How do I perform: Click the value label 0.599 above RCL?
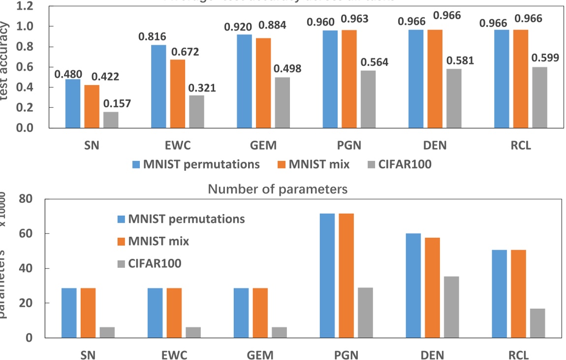click(x=545, y=58)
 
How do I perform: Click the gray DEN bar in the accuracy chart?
click(x=453, y=98)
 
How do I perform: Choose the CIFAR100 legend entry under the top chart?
click(x=399, y=164)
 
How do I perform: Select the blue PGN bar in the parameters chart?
click(x=327, y=276)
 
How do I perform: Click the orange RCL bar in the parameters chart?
click(x=518, y=294)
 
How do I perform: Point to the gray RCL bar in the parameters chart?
click(x=537, y=323)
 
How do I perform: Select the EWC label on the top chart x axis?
click(x=178, y=146)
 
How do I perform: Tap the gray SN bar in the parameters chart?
click(x=107, y=332)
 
